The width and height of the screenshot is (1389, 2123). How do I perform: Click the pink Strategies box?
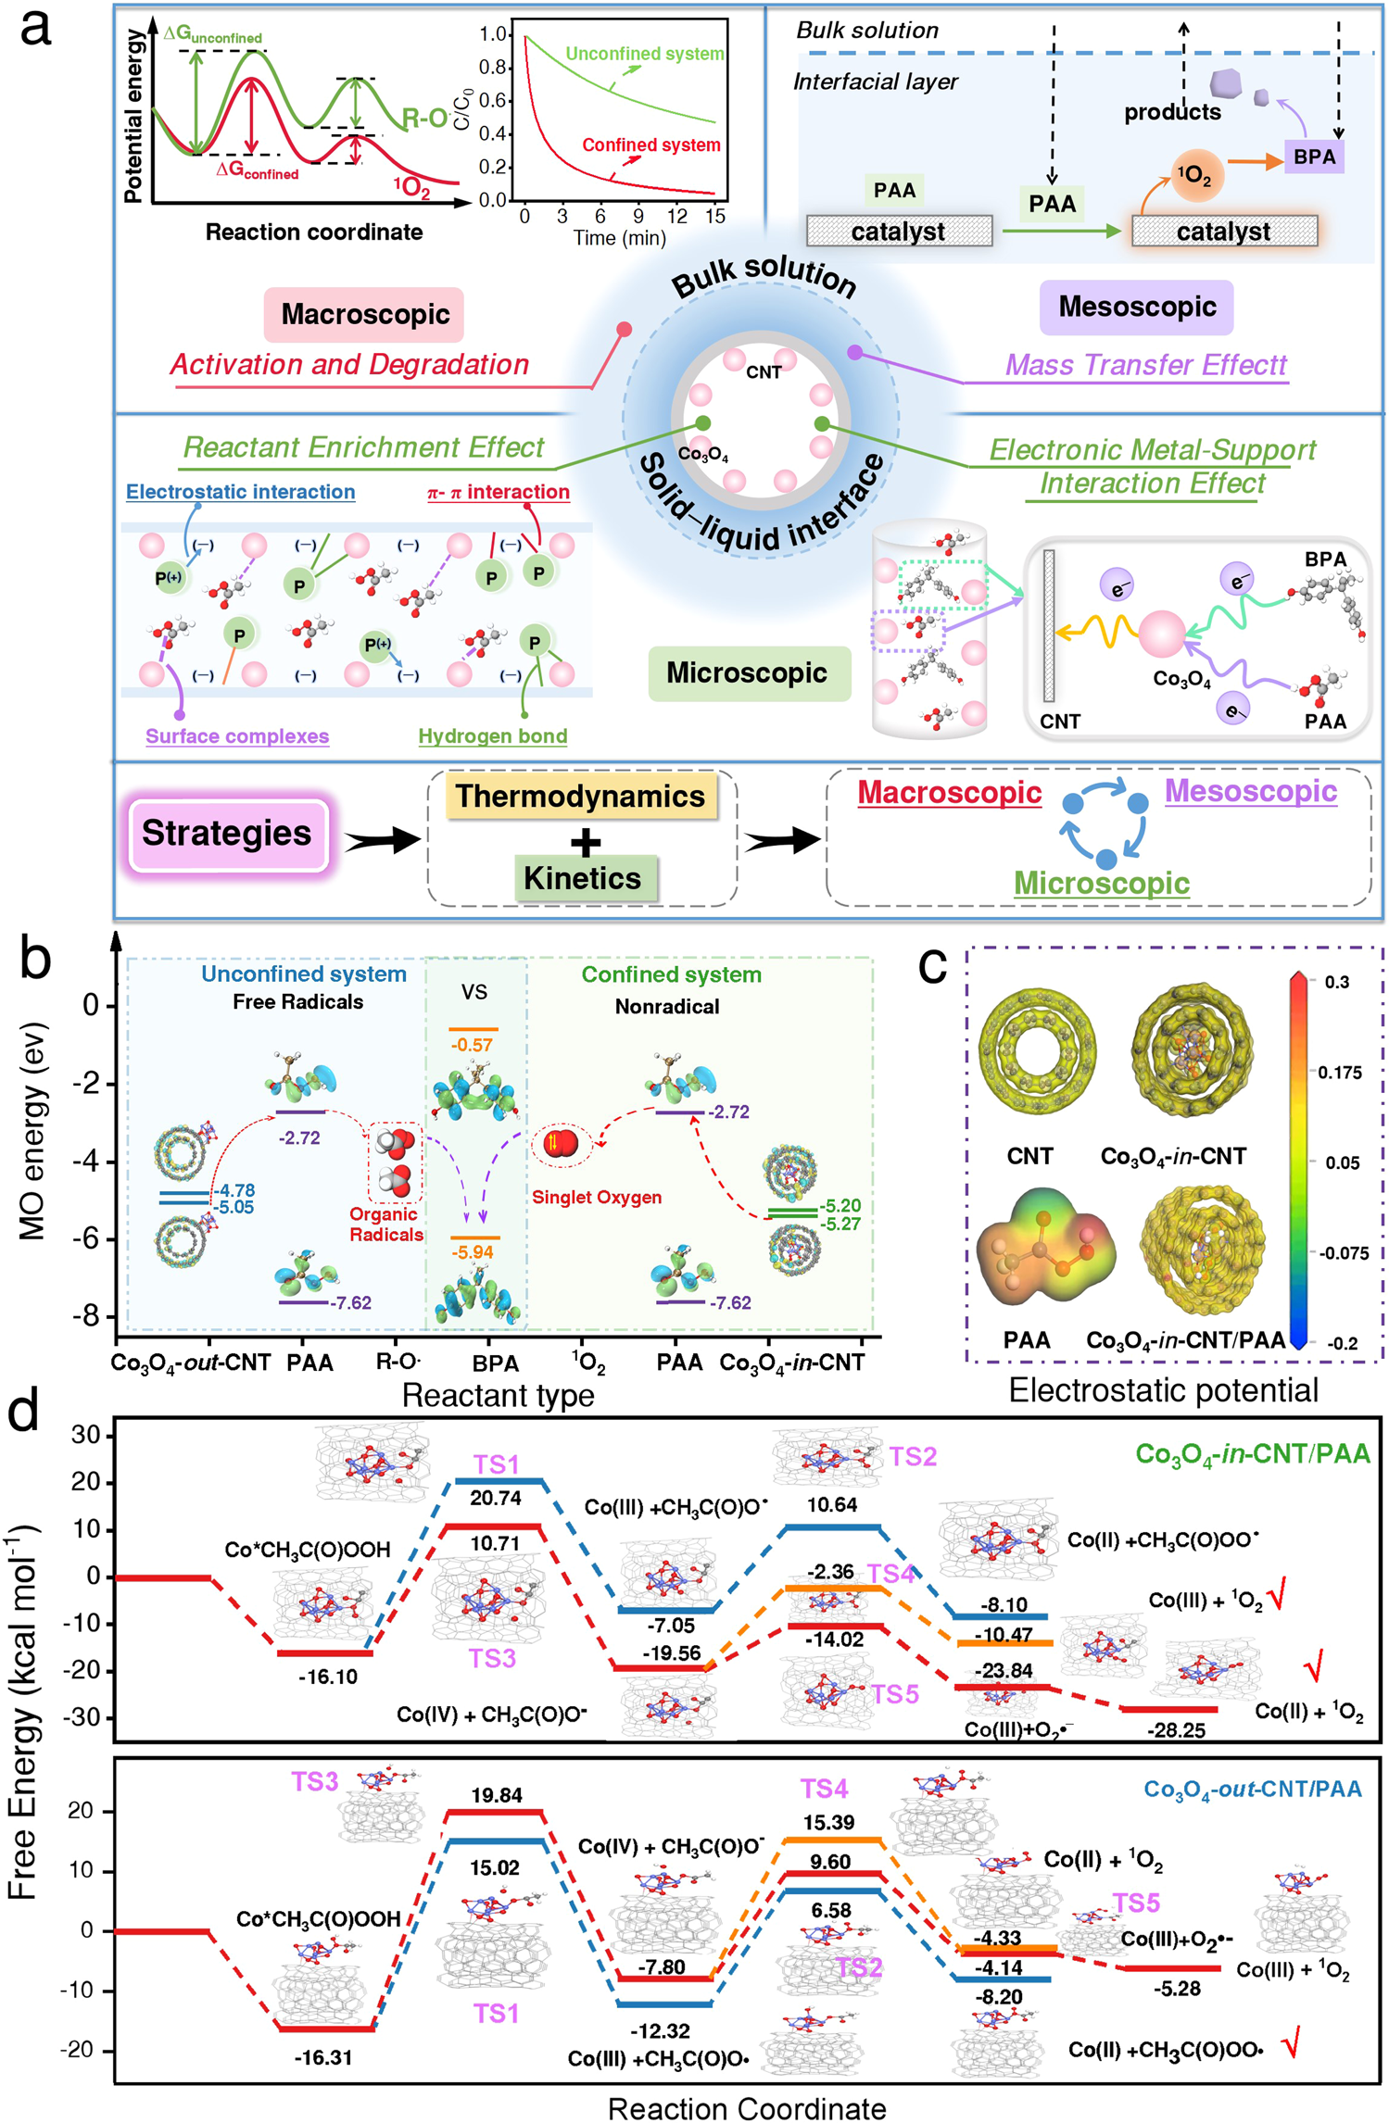[x=227, y=834]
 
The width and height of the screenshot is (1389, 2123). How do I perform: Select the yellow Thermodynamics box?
[x=580, y=797]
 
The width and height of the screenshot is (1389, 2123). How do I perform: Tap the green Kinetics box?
[x=583, y=878]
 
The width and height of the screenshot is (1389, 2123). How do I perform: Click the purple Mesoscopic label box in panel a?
[x=1137, y=307]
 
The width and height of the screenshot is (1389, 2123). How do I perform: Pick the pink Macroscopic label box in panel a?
[x=365, y=314]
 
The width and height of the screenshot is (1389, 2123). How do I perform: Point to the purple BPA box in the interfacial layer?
[x=1314, y=157]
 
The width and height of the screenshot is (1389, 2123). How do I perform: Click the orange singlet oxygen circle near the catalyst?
[x=1196, y=175]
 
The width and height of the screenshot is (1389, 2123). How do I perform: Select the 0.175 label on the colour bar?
[x=1340, y=1073]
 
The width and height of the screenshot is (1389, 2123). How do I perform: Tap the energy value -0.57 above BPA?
[x=472, y=1045]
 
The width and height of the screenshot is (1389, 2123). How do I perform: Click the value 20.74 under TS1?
[x=496, y=1498]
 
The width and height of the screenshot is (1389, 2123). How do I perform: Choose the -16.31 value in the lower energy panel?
[x=323, y=2057]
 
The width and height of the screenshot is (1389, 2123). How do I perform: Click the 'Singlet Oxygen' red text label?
[x=597, y=1197]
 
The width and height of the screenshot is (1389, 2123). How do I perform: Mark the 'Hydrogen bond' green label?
[x=492, y=736]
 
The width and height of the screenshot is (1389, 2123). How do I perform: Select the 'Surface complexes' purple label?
[x=237, y=736]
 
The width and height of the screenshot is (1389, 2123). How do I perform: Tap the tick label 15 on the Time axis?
[x=714, y=217]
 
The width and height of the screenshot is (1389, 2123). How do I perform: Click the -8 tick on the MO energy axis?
[x=89, y=1316]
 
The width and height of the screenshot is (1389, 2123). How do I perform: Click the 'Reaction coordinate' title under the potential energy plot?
[x=314, y=232]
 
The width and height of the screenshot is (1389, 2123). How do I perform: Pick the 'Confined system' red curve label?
[x=650, y=145]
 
